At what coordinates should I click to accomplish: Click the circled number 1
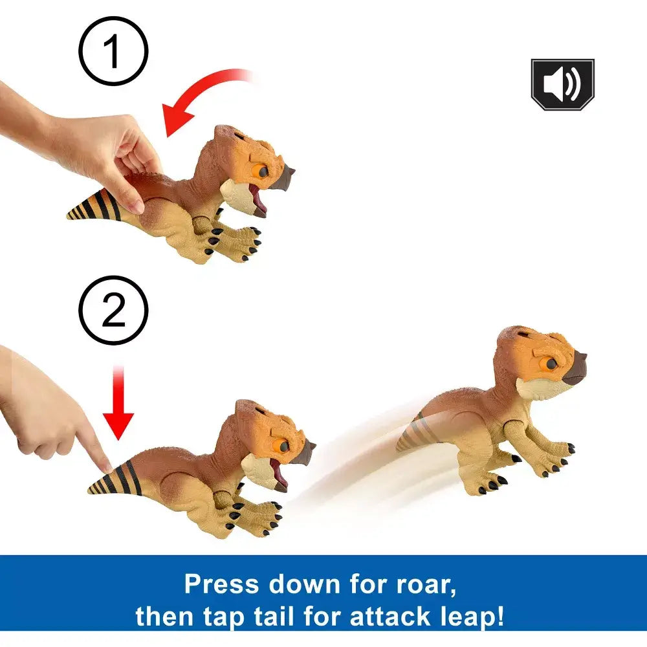(x=113, y=51)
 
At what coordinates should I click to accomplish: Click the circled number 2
(x=113, y=311)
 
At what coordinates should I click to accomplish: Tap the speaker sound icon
(x=562, y=84)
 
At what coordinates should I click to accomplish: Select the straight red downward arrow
(x=118, y=402)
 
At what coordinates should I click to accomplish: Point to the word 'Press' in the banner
(x=221, y=584)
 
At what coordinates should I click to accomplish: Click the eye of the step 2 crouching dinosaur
(x=283, y=446)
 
